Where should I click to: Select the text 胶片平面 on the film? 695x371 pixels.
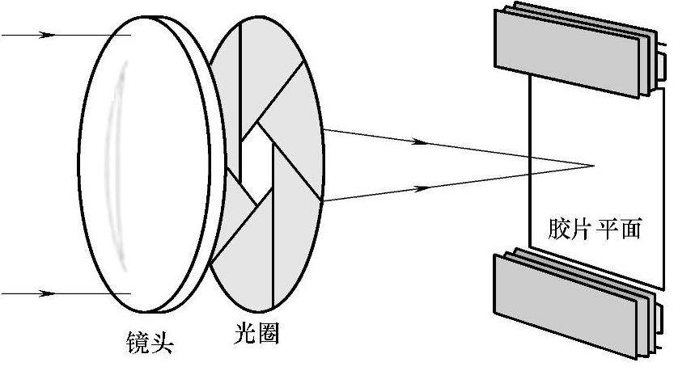pos(594,230)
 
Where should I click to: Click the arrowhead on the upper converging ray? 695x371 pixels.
pos(419,141)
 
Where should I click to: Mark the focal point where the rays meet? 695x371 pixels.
pos(595,167)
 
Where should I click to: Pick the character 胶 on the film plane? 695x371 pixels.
pos(559,230)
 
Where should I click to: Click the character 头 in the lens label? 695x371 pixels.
pos(163,344)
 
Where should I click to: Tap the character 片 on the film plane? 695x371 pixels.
pos(583,230)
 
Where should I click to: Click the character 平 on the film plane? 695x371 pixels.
pos(606,230)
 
